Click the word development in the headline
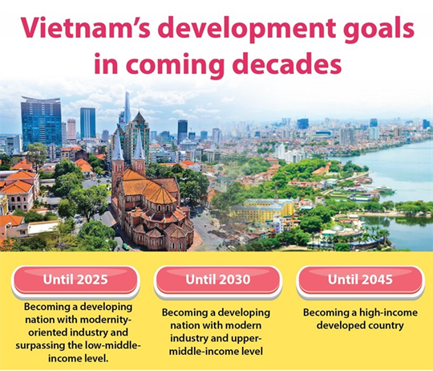pyautogui.click(x=240, y=30)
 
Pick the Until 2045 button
pyautogui.click(x=360, y=279)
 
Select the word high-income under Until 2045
pyautogui.click(x=379, y=312)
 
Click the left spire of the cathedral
pyautogui.click(x=118, y=149)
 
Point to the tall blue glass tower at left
pyautogui.click(x=41, y=120)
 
